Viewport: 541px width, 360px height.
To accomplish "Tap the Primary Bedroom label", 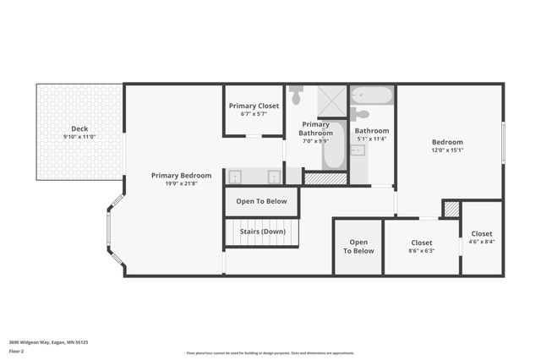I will point(181,176).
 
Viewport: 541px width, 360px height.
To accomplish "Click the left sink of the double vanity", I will point(236,177).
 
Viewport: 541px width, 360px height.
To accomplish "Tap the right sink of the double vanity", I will point(274,177).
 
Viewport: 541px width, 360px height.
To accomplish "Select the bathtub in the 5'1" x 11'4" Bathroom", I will point(372,95).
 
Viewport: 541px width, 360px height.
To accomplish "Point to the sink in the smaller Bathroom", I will point(358,150).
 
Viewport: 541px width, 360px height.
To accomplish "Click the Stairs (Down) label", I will point(262,232).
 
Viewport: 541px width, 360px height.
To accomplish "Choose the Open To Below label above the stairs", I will point(261,201).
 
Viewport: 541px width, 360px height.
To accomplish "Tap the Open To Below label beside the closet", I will point(358,246).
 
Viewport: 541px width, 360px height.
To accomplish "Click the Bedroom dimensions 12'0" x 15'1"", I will point(447,150).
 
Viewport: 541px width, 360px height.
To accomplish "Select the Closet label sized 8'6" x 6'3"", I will point(421,243).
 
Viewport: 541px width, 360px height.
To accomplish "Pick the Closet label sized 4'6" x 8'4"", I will point(482,233).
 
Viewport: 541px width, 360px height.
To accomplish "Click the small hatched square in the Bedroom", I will point(451,208).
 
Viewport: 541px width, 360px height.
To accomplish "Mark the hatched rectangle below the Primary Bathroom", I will point(325,178).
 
